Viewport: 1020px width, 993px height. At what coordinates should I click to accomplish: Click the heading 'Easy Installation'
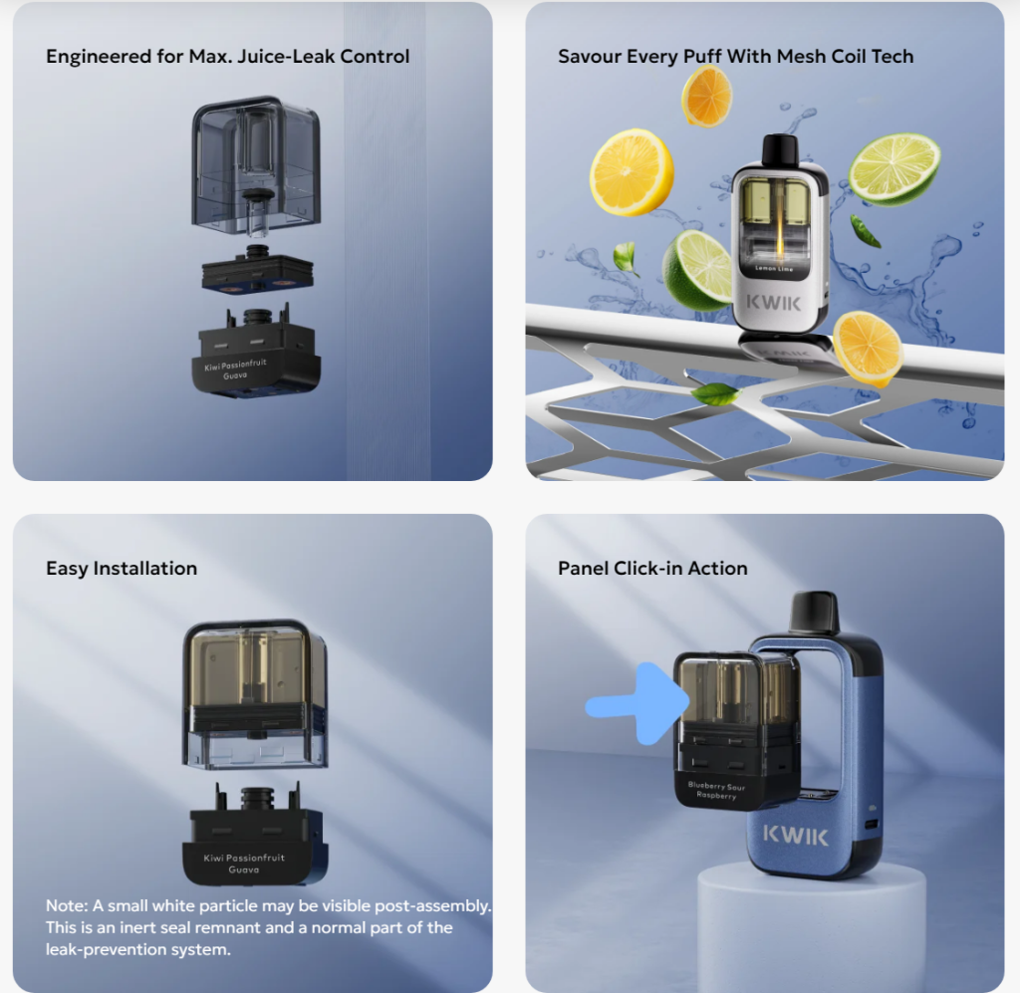pyautogui.click(x=121, y=569)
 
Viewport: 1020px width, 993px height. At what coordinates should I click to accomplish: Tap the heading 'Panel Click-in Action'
pyautogui.click(x=652, y=569)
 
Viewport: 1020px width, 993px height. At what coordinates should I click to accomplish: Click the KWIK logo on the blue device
pyautogui.click(x=796, y=835)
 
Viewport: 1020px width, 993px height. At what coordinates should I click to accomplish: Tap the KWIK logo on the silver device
pyautogui.click(x=773, y=303)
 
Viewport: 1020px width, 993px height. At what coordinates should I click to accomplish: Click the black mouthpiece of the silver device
pyautogui.click(x=779, y=149)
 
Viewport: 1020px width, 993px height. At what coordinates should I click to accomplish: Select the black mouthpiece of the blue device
pyautogui.click(x=814, y=612)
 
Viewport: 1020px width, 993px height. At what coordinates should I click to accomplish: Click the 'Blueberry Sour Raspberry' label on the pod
pyautogui.click(x=716, y=790)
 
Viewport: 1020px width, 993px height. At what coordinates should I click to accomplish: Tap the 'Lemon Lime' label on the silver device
pyautogui.click(x=773, y=268)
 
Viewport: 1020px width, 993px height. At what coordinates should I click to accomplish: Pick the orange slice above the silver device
pyautogui.click(x=706, y=96)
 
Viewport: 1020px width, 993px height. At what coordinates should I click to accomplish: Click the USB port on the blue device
pyautogui.click(x=873, y=825)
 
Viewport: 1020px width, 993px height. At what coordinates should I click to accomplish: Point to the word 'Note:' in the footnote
pyautogui.click(x=67, y=906)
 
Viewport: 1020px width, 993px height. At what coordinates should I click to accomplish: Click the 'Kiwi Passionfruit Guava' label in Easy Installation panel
pyautogui.click(x=244, y=864)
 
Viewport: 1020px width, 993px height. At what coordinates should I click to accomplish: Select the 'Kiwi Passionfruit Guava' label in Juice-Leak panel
pyautogui.click(x=235, y=369)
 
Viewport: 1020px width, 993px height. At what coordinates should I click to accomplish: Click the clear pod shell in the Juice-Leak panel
pyautogui.click(x=256, y=165)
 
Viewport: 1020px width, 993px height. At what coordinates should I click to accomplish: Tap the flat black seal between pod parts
pyautogui.click(x=258, y=271)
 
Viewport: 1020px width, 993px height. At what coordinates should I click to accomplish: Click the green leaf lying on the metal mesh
pyautogui.click(x=714, y=393)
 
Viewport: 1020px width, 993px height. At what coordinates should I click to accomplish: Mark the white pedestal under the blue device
pyautogui.click(x=811, y=923)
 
